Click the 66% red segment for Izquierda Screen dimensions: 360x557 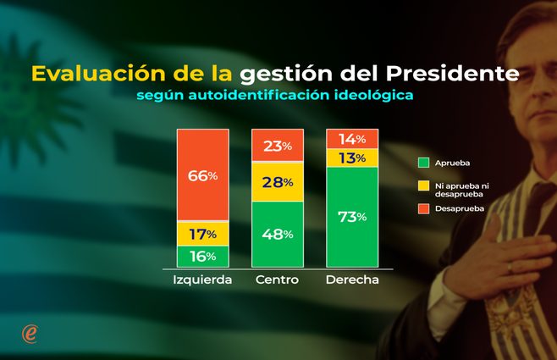click(x=202, y=175)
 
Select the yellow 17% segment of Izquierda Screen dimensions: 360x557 click(x=202, y=234)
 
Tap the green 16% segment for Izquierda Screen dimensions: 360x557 click(x=202, y=257)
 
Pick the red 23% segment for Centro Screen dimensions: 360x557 click(x=277, y=145)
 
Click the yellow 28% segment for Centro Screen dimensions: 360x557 click(x=277, y=181)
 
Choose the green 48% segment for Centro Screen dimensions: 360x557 click(x=277, y=234)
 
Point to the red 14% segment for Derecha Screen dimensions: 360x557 click(x=351, y=139)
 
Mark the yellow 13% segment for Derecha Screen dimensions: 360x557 click(x=351, y=158)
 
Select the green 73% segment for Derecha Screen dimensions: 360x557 click(x=351, y=217)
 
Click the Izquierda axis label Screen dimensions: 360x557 click(x=202, y=280)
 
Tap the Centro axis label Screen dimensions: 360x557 click(x=277, y=280)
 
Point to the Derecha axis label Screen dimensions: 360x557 click(x=352, y=280)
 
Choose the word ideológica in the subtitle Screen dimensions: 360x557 click(x=373, y=96)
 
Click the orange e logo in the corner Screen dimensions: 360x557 click(x=30, y=334)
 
